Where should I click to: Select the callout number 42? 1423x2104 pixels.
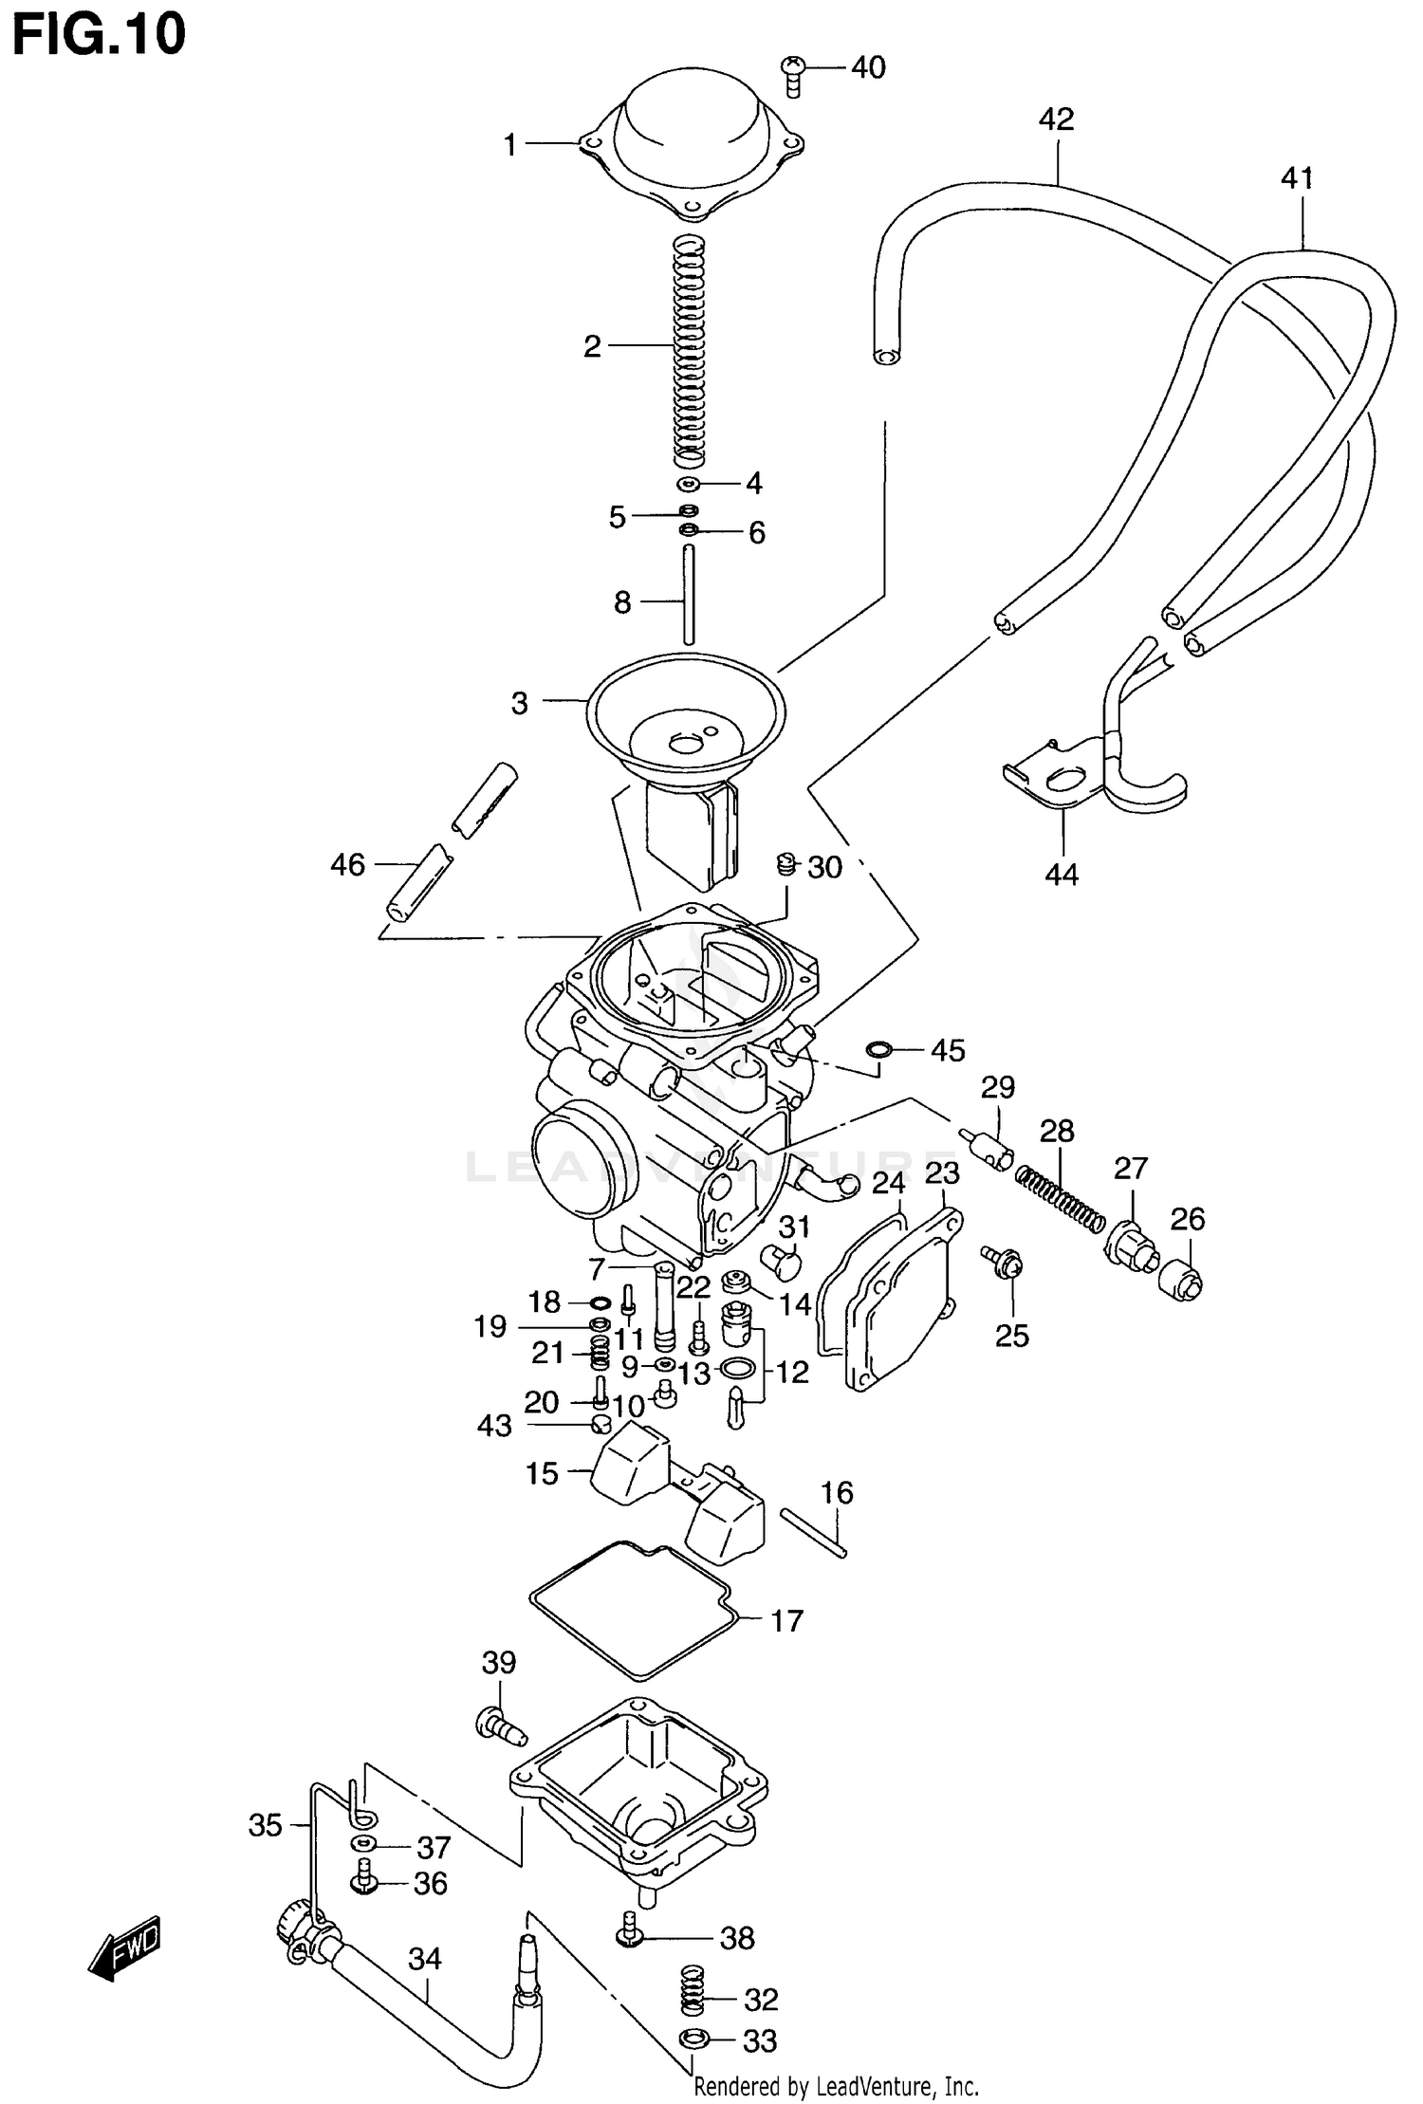[1056, 120]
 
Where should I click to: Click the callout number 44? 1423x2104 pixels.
[1062, 874]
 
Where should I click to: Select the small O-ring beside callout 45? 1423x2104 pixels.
[878, 1049]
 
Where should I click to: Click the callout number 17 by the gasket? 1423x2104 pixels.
[786, 1620]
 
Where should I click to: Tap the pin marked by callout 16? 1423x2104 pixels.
[814, 1531]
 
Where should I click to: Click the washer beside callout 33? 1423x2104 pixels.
[692, 2039]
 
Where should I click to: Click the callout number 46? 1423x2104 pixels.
[347, 864]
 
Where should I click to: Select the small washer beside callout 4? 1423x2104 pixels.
[689, 485]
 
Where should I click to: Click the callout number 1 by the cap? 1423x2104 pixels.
[509, 145]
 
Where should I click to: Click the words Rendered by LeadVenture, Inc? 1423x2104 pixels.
[836, 2086]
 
